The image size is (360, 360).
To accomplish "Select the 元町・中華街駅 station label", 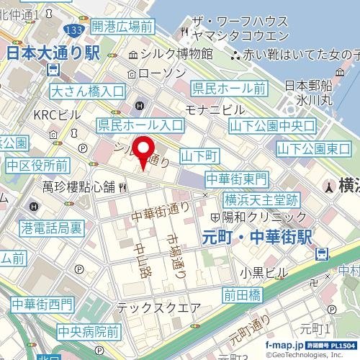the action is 256,235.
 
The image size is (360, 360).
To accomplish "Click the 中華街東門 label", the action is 237,178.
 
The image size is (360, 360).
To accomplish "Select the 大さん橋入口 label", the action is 89,91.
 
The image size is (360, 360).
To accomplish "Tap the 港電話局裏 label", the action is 51,226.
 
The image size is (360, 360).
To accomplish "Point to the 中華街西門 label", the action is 42,305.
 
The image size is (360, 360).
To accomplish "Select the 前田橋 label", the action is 241,294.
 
